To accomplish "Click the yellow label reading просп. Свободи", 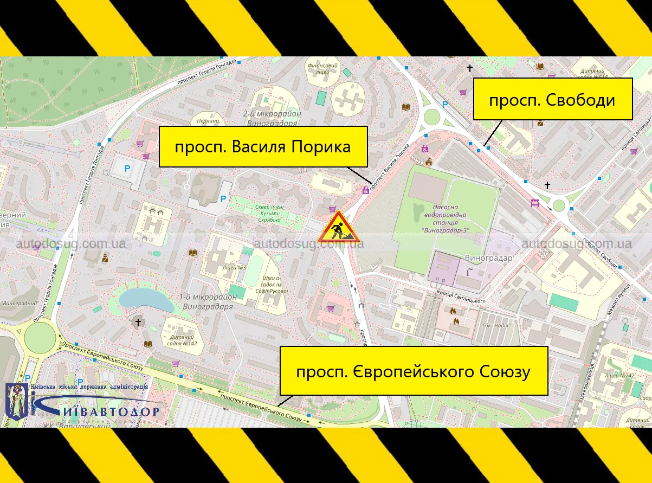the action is click(x=553, y=99).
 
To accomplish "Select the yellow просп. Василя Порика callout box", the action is click(x=263, y=146).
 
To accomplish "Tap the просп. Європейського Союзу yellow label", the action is click(x=413, y=371).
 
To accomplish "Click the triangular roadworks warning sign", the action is click(x=337, y=228).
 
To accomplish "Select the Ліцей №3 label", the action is click(x=234, y=268).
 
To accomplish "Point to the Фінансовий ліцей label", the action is click(x=322, y=68).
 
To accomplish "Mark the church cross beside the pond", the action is click(x=138, y=323).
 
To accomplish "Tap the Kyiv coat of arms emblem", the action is click(x=17, y=401).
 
